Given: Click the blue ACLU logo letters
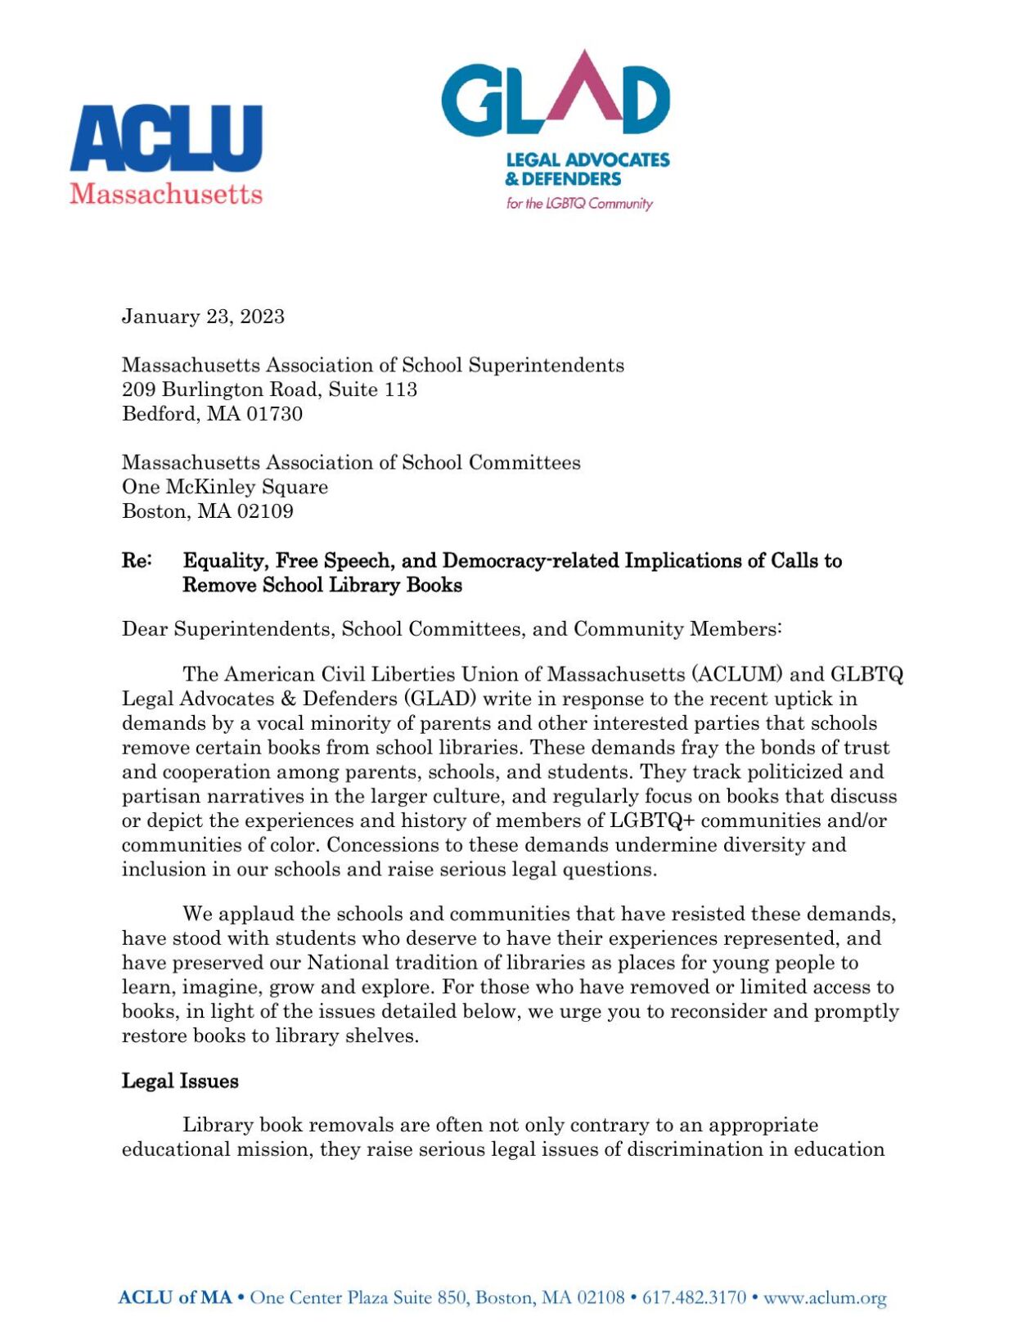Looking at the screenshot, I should click(x=166, y=138).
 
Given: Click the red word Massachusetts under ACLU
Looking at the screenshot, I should click(x=166, y=194).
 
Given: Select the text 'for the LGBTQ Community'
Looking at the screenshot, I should click(x=578, y=204).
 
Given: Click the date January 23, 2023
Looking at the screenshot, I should click(x=203, y=317).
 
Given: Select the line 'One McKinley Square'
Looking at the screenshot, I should click(x=225, y=487).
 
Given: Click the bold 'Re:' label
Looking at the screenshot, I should click(x=137, y=561).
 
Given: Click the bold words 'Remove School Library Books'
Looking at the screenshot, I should click(x=322, y=586).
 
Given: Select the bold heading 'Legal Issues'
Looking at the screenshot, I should click(x=180, y=1081).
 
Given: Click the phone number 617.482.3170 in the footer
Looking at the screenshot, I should click(x=694, y=1297).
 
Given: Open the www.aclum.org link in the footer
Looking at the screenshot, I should click(x=825, y=1297).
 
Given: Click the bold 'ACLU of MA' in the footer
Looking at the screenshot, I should click(x=175, y=1297).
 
